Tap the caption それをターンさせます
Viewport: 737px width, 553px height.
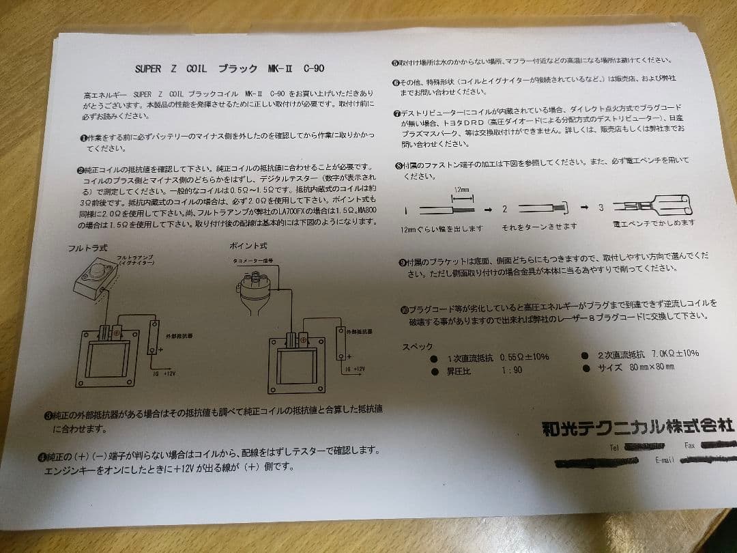coord(538,227)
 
